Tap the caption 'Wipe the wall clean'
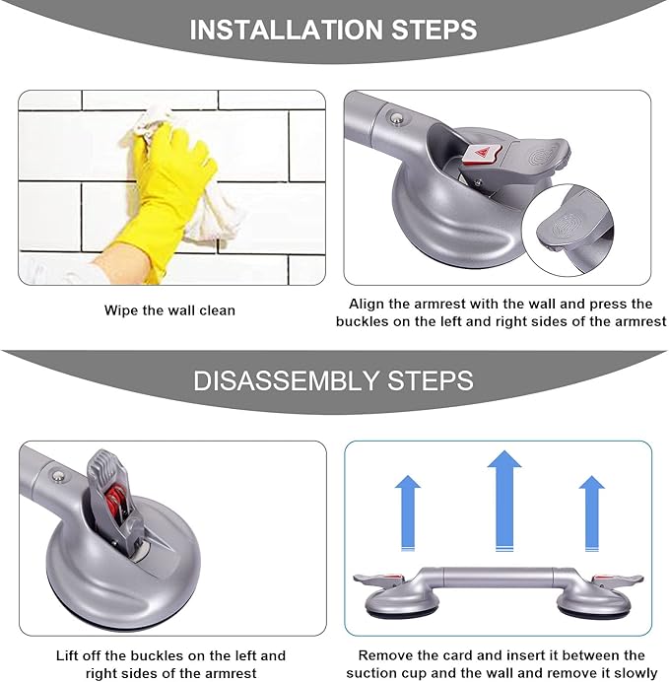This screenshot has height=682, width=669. coord(170,310)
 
